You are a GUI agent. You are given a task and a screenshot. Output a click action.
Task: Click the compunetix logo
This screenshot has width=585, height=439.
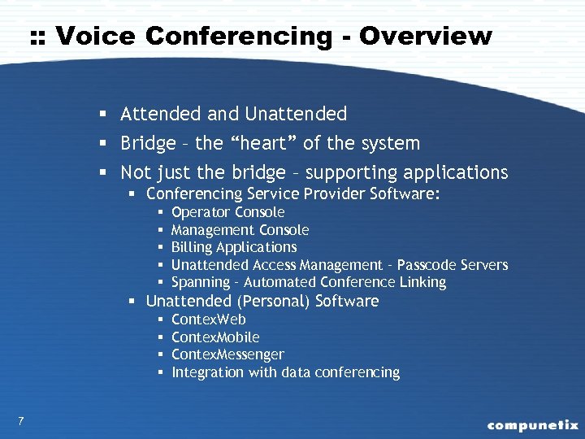tap(532, 424)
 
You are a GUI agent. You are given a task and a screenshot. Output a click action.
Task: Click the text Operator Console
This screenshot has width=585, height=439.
tap(228, 212)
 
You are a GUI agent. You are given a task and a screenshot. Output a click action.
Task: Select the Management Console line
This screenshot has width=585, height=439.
tap(240, 230)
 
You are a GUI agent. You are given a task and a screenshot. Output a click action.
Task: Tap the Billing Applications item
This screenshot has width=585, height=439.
tap(234, 247)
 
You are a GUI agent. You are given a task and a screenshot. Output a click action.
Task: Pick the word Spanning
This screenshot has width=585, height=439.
tap(201, 282)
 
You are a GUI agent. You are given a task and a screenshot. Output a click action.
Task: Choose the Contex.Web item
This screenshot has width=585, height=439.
tap(209, 319)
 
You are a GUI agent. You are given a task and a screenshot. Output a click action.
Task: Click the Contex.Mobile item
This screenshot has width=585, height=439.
tap(215, 337)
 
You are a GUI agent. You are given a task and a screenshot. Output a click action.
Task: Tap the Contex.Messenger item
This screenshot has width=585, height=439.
tap(227, 354)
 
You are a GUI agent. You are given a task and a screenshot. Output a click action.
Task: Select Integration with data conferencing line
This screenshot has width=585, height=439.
tap(285, 372)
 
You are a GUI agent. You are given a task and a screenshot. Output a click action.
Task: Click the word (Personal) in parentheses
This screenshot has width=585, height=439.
tap(275, 302)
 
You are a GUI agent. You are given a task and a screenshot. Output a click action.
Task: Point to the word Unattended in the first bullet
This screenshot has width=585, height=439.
tap(296, 114)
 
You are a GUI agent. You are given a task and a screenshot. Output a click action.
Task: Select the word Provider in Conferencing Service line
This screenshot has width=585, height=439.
tap(335, 193)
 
